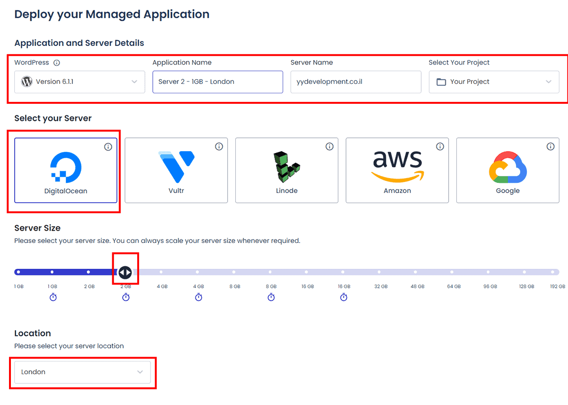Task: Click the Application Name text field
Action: tap(218, 81)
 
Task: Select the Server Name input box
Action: tap(356, 81)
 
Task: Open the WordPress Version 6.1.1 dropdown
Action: tap(80, 81)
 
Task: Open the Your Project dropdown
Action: tap(494, 81)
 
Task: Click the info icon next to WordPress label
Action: tap(56, 63)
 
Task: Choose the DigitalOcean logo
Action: tap(66, 167)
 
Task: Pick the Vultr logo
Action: tap(177, 167)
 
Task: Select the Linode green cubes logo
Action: tap(287, 167)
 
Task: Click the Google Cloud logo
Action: tap(508, 167)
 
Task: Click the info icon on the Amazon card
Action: tap(440, 146)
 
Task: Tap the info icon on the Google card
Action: tap(550, 146)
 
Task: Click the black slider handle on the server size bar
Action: tap(125, 272)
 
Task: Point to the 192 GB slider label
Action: tap(558, 286)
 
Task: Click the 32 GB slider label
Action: tap(381, 286)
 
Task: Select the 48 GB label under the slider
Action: tap(417, 286)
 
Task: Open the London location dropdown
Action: tap(82, 372)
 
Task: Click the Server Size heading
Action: tap(37, 228)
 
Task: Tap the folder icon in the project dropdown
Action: tap(441, 82)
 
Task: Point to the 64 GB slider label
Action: tap(454, 286)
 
